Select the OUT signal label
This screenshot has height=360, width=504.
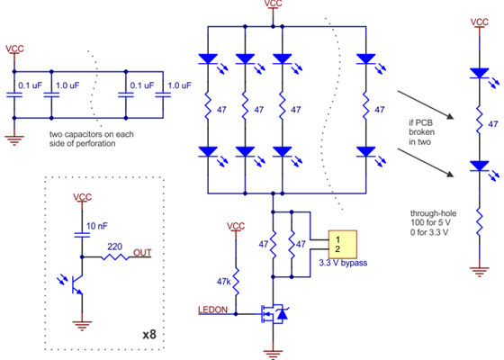click(x=141, y=253)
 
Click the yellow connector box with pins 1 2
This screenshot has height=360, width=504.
click(x=343, y=244)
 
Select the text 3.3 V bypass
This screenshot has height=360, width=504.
click(x=346, y=263)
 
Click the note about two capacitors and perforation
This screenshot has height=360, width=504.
click(x=93, y=139)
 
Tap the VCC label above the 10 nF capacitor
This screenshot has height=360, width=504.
click(x=82, y=196)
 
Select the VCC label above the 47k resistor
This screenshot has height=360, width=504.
click(x=236, y=226)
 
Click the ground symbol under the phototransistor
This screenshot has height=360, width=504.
click(x=82, y=325)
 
